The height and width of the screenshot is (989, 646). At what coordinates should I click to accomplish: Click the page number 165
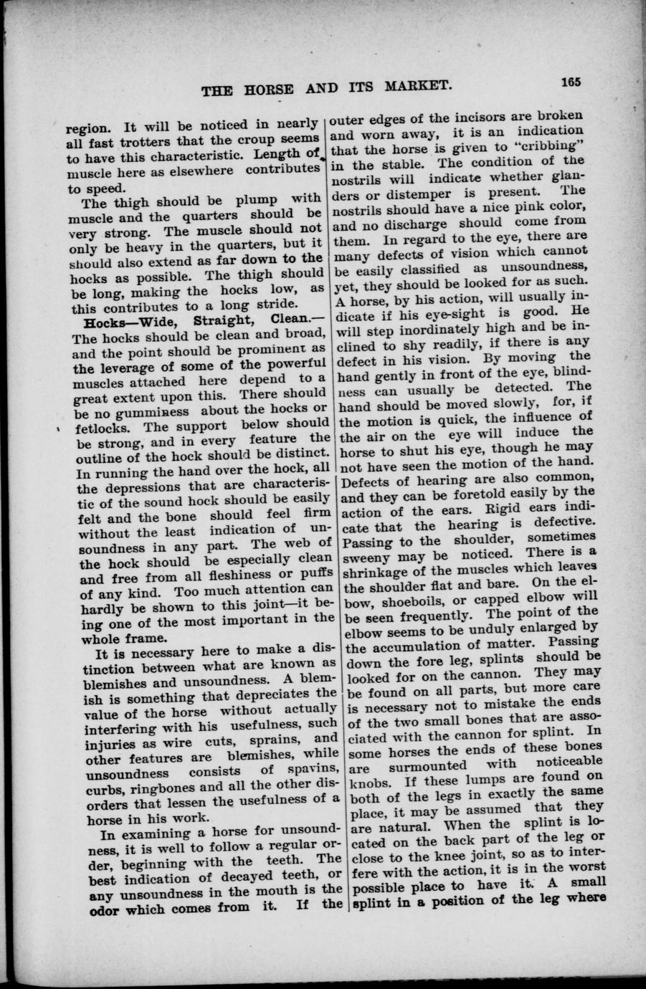(571, 81)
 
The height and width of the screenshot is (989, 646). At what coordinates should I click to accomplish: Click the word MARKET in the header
(416, 89)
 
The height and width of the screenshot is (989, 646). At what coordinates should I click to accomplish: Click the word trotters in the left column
(126, 143)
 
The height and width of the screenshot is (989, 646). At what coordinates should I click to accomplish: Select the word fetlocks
(97, 428)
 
